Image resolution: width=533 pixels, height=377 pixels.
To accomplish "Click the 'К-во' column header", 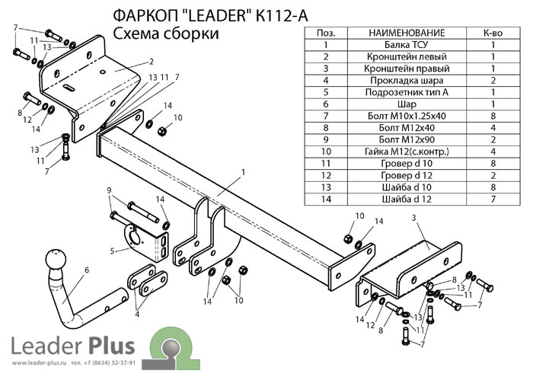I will click(x=492, y=34).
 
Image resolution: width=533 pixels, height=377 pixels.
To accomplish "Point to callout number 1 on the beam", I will click(x=243, y=171).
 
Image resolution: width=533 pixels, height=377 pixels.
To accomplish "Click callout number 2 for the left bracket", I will click(x=152, y=62).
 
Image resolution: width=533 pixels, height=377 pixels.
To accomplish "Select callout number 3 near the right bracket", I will click(x=413, y=219).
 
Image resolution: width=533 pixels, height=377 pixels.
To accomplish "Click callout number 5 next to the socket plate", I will click(x=112, y=250).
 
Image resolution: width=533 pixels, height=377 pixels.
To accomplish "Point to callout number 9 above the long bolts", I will click(x=109, y=190).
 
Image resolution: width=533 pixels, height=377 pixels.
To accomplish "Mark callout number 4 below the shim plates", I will click(x=137, y=312).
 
